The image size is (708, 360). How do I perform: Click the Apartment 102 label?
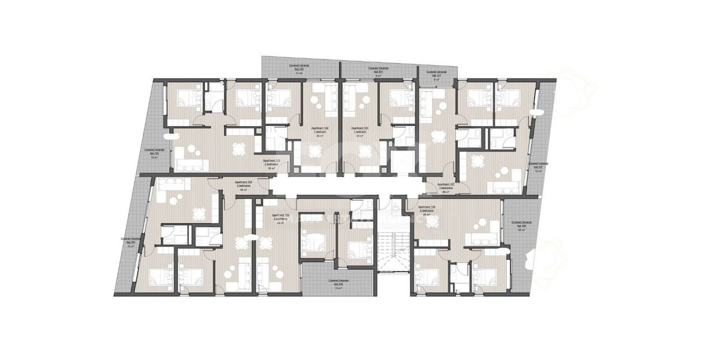pos(319,128)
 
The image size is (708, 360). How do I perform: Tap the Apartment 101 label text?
pos(359,128)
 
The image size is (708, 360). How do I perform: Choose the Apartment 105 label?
pos(281,215)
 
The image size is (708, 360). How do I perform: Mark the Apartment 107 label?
pos(445,184)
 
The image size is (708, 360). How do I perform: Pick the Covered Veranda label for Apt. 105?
pos(340,282)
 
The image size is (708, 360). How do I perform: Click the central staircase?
pos(397,265)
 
